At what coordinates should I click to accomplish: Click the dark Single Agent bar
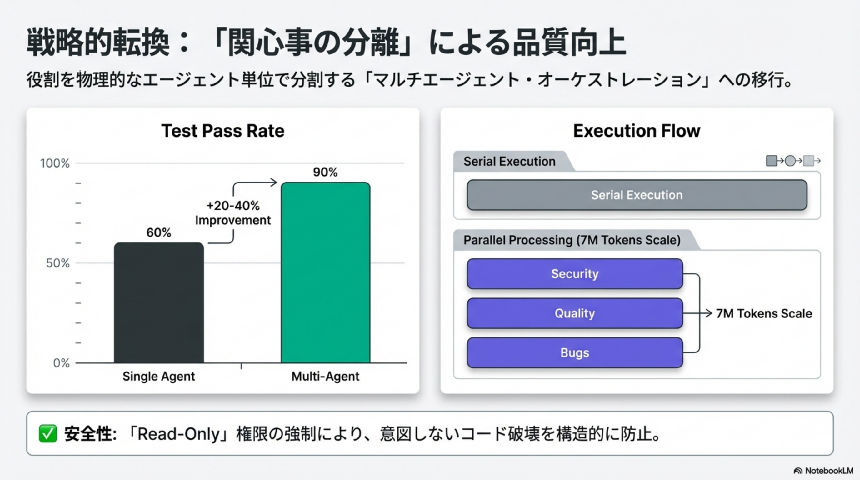point(159,302)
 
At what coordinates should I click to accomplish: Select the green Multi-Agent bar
point(326,272)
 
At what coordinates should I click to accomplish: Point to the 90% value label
point(325,172)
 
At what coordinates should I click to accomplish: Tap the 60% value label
point(158,232)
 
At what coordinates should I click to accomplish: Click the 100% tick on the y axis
point(55,163)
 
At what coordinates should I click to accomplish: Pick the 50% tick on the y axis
point(58,263)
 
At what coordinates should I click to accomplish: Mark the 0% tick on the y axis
point(62,363)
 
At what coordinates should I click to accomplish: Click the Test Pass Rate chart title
point(223,131)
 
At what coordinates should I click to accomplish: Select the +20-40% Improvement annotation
point(233,213)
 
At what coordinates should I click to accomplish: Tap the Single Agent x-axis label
point(158,376)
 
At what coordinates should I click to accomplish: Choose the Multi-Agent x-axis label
point(325,376)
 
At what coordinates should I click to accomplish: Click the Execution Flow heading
point(637,131)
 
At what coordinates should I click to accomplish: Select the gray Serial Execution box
point(637,195)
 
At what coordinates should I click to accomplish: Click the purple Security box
point(575,274)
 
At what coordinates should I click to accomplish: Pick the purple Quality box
point(575,313)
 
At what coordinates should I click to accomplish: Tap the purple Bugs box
point(575,352)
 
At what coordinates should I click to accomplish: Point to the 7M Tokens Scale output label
point(764,313)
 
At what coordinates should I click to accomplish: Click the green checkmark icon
point(48,434)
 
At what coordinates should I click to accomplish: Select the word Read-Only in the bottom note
point(179,434)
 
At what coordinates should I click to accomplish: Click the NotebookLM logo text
point(829,471)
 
